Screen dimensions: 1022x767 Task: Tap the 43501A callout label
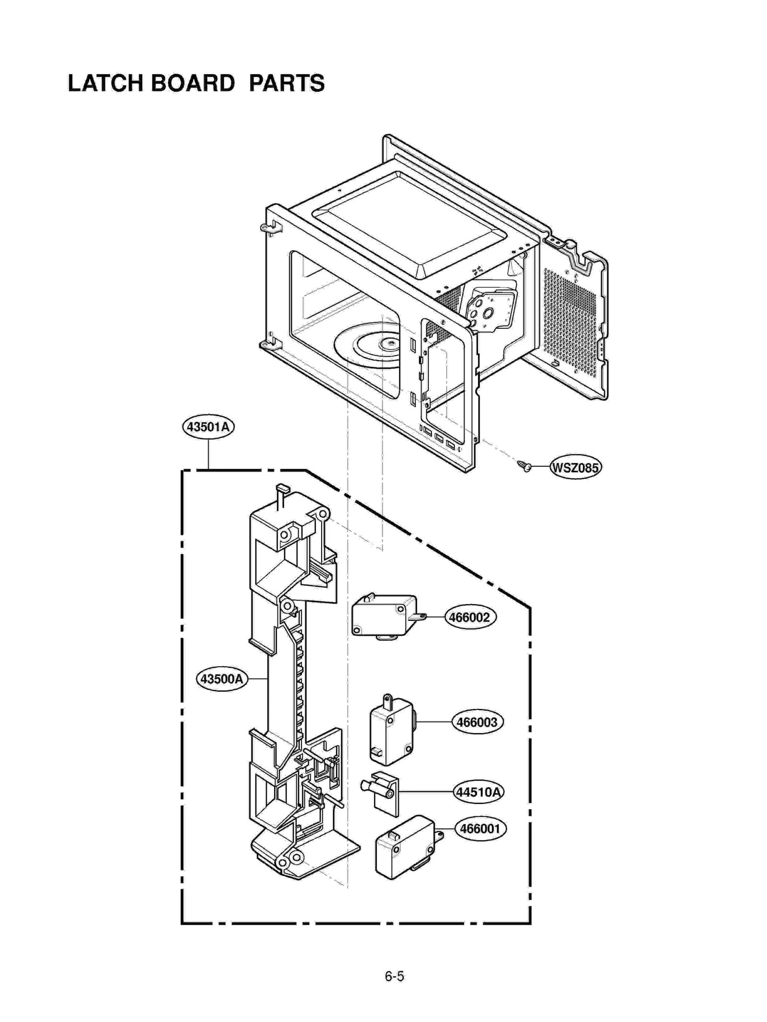click(208, 426)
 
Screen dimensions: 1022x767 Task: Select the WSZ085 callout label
click(575, 467)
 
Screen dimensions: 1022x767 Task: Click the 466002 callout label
click(469, 617)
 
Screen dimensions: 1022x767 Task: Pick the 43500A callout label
click(221, 679)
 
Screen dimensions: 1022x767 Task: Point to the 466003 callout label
click(476, 722)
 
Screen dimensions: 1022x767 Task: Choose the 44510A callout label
click(478, 792)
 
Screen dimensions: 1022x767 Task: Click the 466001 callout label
click(479, 828)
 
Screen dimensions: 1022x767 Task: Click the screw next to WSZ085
click(524, 465)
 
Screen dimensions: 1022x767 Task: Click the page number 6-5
click(394, 976)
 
